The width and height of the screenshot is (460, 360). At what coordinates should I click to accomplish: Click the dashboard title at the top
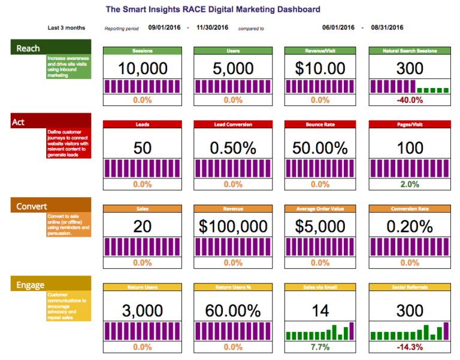tap(213, 10)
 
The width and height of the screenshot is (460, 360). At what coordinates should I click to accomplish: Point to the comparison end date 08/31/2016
tap(387, 28)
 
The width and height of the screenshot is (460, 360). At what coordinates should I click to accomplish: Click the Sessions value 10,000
tap(143, 68)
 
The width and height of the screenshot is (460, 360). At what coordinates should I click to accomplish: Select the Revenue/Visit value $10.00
tap(320, 68)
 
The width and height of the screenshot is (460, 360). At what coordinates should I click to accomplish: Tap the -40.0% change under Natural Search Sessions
tap(410, 99)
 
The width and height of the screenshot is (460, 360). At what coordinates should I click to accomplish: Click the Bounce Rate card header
tap(320, 125)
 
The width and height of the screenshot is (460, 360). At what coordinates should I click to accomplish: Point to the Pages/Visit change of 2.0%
tap(410, 184)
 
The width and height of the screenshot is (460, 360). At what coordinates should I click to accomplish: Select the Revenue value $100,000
tap(233, 226)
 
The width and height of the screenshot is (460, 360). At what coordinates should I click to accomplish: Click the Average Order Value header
tap(320, 209)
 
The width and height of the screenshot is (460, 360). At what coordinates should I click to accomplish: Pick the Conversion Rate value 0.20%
tap(410, 226)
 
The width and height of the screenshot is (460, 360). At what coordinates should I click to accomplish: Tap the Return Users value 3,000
tap(143, 310)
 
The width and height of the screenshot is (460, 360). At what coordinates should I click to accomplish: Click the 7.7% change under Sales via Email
tap(320, 347)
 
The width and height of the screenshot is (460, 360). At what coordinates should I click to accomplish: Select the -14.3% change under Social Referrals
tap(410, 347)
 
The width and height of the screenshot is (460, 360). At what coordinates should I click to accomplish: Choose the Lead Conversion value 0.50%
tap(233, 148)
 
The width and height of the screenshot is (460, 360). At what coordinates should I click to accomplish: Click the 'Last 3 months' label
tap(66, 28)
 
